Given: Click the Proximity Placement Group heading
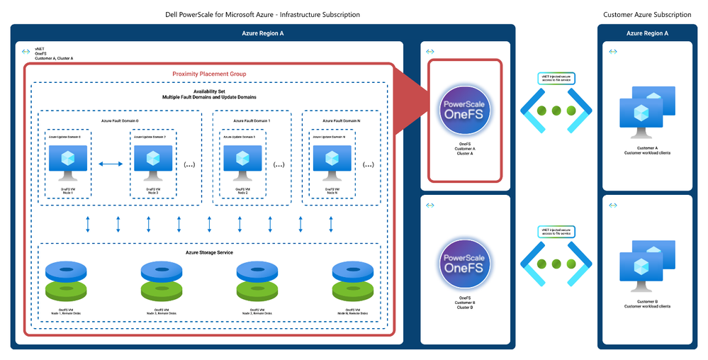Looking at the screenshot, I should tap(209, 74).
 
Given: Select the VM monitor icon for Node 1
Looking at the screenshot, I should tap(69, 162).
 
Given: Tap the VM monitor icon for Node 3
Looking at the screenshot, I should tap(152, 162).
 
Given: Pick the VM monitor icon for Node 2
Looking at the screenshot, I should tap(242, 162).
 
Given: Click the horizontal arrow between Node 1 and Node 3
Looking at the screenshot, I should tap(111, 164).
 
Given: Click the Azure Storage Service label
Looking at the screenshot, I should tap(209, 252).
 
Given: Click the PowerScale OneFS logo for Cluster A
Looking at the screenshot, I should tap(466, 108).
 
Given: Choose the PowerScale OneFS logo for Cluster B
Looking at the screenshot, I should tap(466, 258).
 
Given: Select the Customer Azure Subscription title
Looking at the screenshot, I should tap(647, 14).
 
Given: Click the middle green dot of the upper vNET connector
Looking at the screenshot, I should tap(555, 111).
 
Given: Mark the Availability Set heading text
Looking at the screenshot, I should tap(209, 91).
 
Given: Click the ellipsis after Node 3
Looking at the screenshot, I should tap(190, 165).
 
